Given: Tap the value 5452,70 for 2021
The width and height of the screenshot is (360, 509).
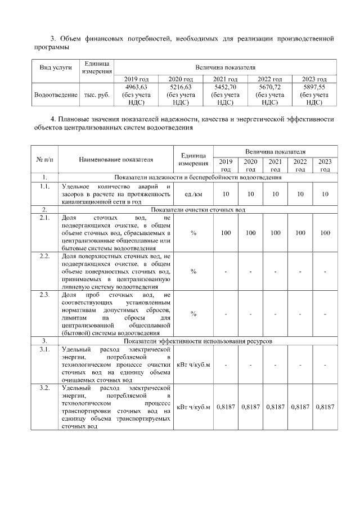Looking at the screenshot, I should click(226, 87).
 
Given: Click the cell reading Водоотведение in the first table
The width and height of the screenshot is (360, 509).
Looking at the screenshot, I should click(56, 95).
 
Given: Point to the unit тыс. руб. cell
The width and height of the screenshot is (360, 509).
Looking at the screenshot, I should click(97, 95).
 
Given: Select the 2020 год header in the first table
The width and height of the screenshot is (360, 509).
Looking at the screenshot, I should click(181, 79).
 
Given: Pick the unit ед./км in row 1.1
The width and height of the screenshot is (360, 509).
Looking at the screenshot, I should click(193, 194).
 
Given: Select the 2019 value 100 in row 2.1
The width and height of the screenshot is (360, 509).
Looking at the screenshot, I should click(226, 232).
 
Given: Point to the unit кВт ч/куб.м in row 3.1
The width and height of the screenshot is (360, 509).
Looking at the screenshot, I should click(193, 365).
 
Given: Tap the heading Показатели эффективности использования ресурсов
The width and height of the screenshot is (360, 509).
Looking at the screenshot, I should click(199, 341).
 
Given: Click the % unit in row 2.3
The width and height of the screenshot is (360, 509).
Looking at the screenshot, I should click(193, 313).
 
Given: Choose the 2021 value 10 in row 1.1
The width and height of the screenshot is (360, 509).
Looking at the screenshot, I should click(276, 194).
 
